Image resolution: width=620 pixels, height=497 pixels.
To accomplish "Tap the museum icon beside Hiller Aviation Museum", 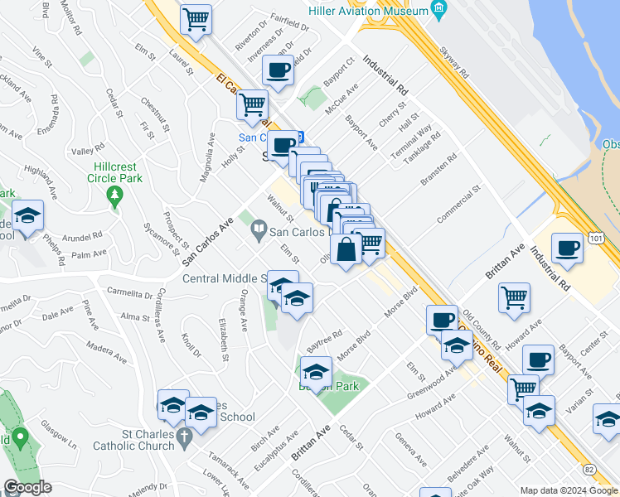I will click(x=439, y=11).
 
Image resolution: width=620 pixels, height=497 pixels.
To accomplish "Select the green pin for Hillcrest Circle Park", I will click(x=115, y=197).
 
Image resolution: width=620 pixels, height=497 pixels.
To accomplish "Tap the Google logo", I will click(x=28, y=487).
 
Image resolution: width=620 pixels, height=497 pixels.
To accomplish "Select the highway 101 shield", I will click(x=598, y=238).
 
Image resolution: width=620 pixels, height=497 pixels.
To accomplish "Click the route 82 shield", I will click(x=589, y=469).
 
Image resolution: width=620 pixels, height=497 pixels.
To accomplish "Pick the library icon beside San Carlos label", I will click(x=259, y=229).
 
